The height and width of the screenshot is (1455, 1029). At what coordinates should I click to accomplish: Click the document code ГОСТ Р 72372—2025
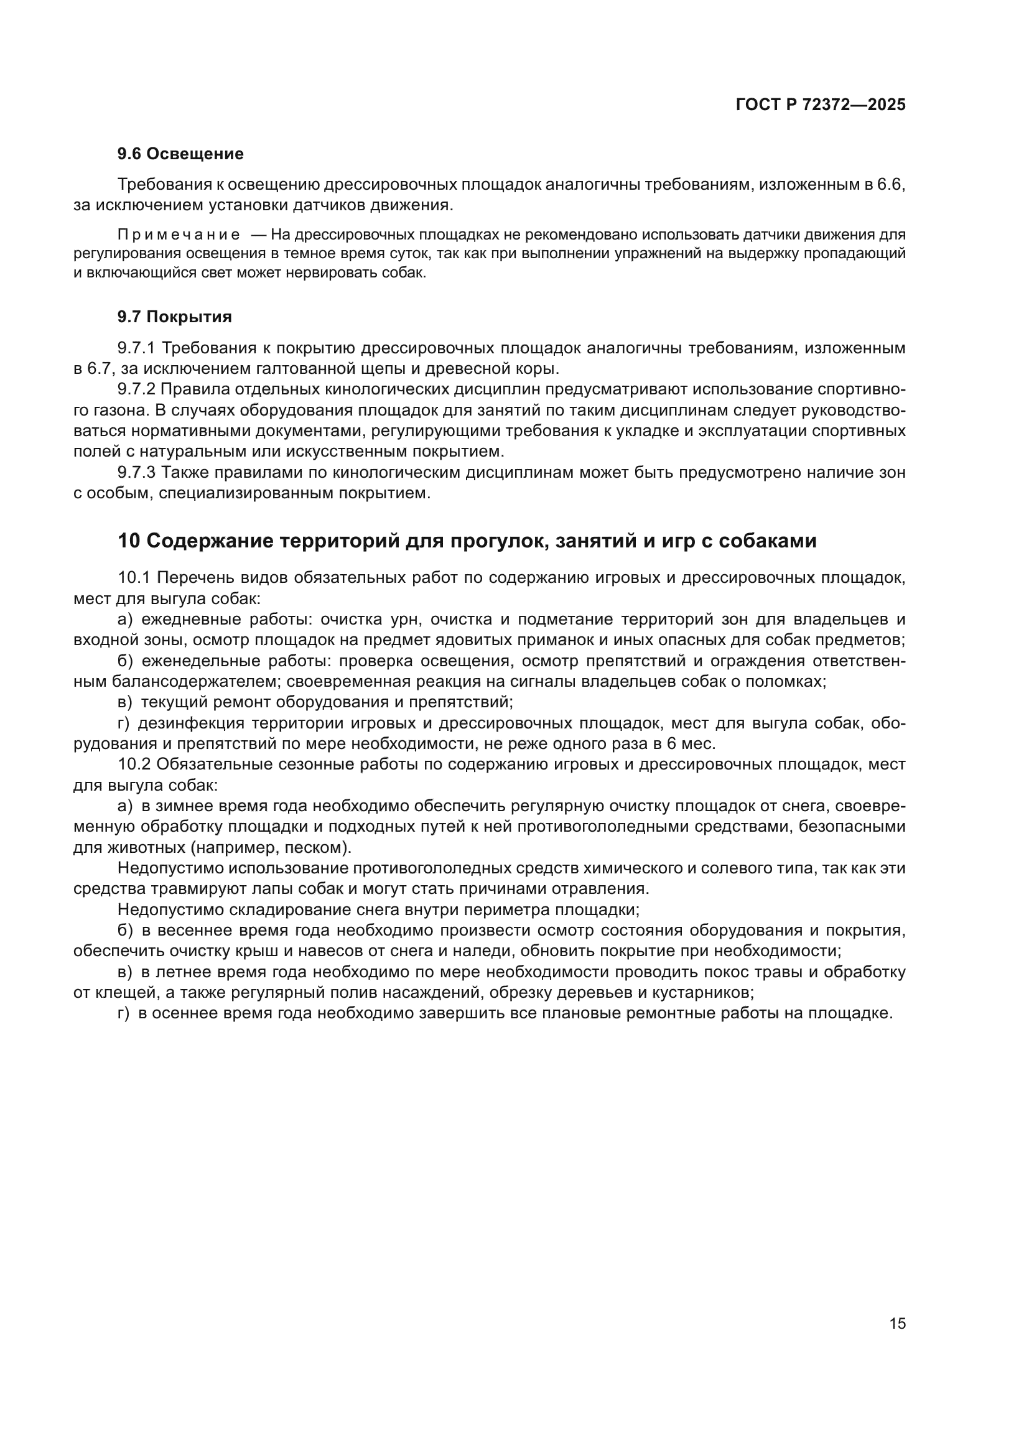pos(821,105)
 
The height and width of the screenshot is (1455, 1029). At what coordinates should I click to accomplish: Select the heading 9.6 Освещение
pos(180,154)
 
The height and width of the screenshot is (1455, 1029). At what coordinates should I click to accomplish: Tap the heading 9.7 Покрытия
pos(174,317)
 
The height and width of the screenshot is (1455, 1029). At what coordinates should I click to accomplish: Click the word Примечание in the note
pos(179,235)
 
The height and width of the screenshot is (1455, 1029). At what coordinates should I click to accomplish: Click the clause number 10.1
pos(134,578)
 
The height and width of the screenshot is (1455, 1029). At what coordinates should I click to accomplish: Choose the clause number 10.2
pos(134,765)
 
